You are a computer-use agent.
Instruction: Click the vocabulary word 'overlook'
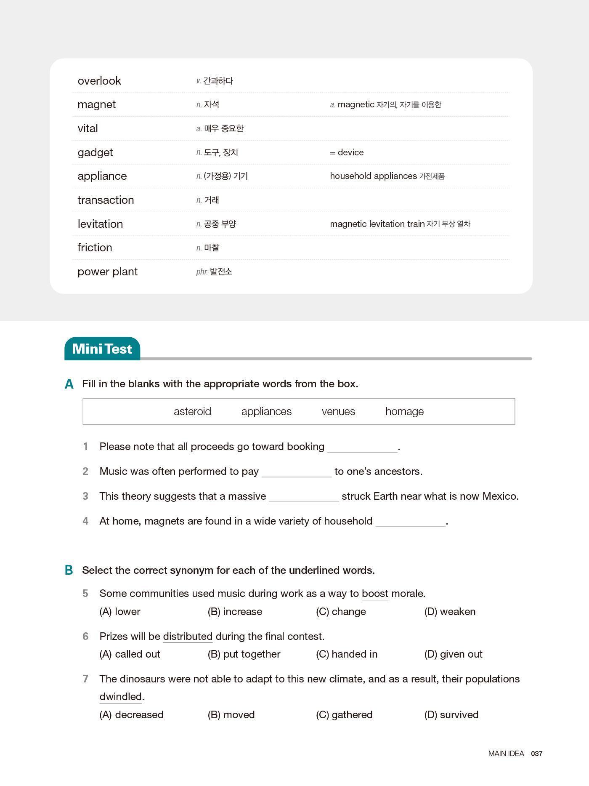(x=99, y=81)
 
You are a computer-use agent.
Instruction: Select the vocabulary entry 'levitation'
(x=100, y=224)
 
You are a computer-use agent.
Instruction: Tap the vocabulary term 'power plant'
(x=108, y=272)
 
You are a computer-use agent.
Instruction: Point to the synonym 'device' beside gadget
(x=350, y=152)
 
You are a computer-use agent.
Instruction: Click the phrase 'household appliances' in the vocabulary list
(x=373, y=176)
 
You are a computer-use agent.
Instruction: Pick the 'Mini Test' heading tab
(x=102, y=349)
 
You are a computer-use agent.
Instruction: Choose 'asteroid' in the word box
(x=192, y=411)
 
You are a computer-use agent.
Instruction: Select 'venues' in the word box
(x=338, y=411)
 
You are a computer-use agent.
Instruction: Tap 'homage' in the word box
(x=404, y=411)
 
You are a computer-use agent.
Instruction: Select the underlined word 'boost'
(x=375, y=594)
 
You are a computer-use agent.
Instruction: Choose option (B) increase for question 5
(x=235, y=612)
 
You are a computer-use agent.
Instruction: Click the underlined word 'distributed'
(x=188, y=637)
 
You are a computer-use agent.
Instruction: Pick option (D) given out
(x=453, y=654)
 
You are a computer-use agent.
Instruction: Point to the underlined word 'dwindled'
(x=121, y=697)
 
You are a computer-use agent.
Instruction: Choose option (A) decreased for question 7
(x=131, y=715)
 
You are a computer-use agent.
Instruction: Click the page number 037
(x=536, y=754)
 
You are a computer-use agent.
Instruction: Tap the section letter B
(x=69, y=570)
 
